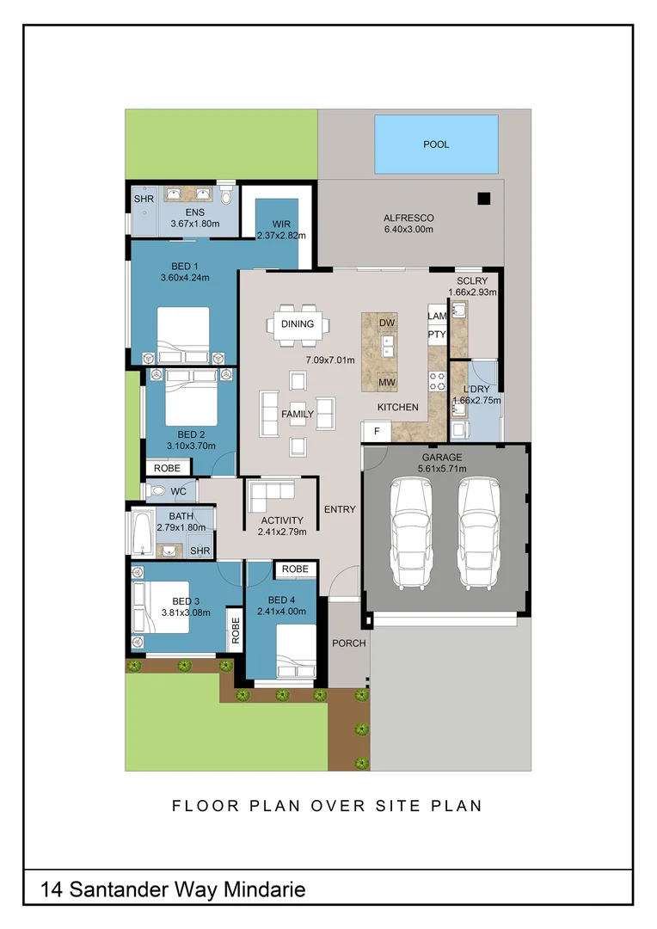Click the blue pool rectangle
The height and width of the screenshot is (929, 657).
click(x=436, y=145)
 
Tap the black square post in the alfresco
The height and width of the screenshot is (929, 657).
click(x=484, y=199)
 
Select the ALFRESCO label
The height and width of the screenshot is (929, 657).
click(x=408, y=218)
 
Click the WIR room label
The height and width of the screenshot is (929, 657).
click(x=281, y=224)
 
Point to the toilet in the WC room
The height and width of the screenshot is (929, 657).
click(x=157, y=490)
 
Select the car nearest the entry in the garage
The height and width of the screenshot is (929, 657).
click(x=410, y=534)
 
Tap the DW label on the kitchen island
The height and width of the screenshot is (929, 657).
click(x=387, y=323)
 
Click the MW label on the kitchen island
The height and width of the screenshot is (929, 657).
click(x=387, y=382)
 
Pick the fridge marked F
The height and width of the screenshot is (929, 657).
click(x=377, y=431)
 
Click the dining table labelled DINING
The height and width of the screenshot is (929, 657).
click(x=298, y=324)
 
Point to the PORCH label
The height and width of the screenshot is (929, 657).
click(x=349, y=643)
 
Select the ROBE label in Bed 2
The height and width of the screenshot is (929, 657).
click(x=167, y=468)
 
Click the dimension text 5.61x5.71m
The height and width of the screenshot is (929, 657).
click(x=442, y=469)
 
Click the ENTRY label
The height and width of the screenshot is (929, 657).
click(x=340, y=509)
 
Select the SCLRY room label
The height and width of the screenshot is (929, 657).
click(x=472, y=280)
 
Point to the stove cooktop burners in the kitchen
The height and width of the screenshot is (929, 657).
click(x=437, y=381)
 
